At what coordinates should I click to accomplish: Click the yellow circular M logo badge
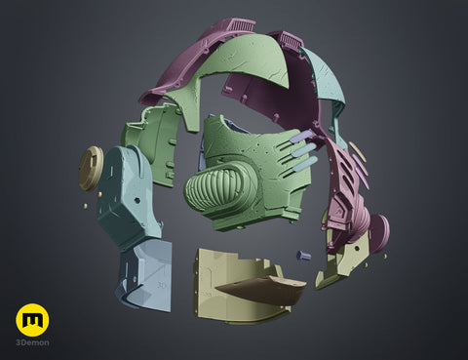point(32,320)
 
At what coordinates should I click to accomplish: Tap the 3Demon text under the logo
point(32,342)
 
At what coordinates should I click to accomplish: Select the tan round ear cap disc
point(91,168)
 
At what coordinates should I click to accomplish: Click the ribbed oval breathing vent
point(216,184)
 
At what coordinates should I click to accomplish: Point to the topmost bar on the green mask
point(300,136)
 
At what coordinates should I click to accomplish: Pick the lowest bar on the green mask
point(304,164)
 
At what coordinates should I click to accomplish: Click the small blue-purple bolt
point(303,255)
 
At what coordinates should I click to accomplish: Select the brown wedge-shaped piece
point(261,291)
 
